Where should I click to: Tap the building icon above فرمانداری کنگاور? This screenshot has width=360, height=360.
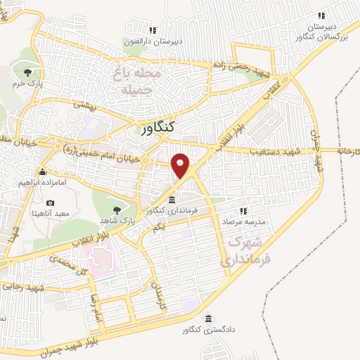172,200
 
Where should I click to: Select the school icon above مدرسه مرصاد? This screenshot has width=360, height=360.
244,210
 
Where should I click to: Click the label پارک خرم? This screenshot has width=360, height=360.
27,83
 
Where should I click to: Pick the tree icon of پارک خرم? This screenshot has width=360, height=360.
27,72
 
